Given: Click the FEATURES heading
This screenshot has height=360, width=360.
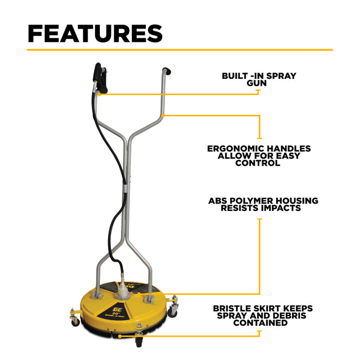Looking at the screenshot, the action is pyautogui.click(x=95, y=34).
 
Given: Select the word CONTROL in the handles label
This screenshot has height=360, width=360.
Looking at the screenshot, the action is pyautogui.click(x=258, y=163).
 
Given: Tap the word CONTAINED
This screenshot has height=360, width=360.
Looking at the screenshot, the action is pyautogui.click(x=261, y=323).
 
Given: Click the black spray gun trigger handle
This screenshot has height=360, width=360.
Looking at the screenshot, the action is pyautogui.click(x=101, y=78).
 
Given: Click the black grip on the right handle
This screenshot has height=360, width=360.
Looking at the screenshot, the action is pyautogui.click(x=167, y=71).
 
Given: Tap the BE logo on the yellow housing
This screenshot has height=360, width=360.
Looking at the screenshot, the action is pyautogui.click(x=116, y=309).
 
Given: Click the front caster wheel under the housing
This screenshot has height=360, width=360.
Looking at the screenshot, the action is pyautogui.click(x=139, y=342).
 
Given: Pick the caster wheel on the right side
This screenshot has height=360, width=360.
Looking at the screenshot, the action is pyautogui.click(x=173, y=310).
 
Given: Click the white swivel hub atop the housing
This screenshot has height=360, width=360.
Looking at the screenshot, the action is pyautogui.click(x=123, y=291).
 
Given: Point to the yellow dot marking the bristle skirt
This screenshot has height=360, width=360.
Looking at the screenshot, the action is pyautogui.click(x=119, y=336).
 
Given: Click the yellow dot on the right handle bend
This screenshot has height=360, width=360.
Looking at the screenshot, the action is pyautogui.click(x=163, y=115).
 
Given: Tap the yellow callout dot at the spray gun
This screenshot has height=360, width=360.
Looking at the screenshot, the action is pyautogui.click(x=99, y=94).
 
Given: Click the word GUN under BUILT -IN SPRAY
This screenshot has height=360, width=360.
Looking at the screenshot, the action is pyautogui.click(x=257, y=83).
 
